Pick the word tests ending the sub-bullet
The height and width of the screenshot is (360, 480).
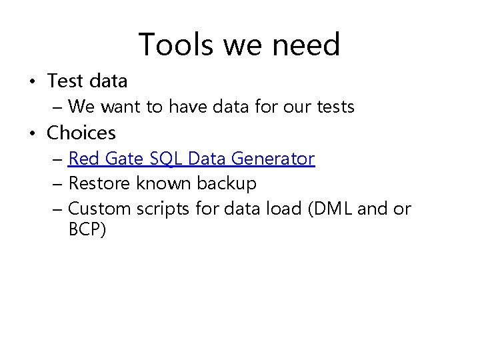point(332,107)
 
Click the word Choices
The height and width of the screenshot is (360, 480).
point(81,133)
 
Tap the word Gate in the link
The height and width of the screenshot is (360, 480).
point(121,159)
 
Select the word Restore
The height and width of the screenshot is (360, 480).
point(97,183)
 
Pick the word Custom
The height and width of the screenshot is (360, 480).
point(100,209)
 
